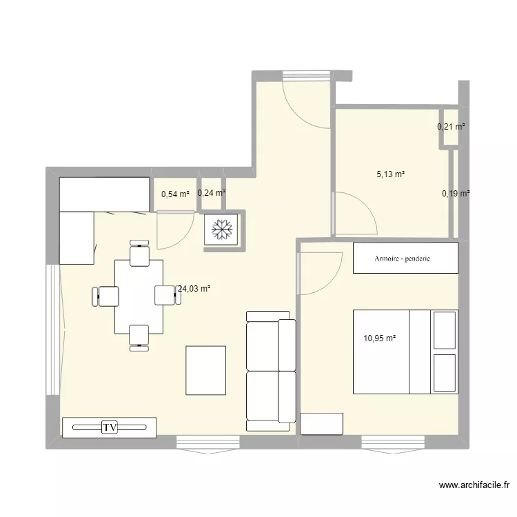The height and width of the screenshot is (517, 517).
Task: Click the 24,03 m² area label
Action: click(x=194, y=290)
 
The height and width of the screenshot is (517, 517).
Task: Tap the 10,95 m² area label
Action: click(x=380, y=338)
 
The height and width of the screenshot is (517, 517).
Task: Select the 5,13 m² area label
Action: click(x=390, y=174)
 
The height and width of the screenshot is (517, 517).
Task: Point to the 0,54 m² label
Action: click(x=175, y=194)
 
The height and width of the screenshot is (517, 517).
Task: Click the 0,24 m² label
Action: click(x=212, y=193)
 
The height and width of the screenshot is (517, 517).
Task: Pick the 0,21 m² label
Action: click(x=452, y=127)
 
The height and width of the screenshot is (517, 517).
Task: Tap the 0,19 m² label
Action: click(x=456, y=194)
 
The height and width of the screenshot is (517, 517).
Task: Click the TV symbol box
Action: click(x=110, y=427)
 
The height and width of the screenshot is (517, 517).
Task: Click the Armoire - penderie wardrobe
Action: click(x=405, y=258)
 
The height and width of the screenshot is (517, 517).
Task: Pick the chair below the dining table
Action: click(x=139, y=336)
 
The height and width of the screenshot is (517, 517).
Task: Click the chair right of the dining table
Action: click(x=166, y=294)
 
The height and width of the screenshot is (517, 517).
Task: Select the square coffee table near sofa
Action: click(x=205, y=370)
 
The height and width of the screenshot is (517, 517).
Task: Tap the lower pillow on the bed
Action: click(x=445, y=374)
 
